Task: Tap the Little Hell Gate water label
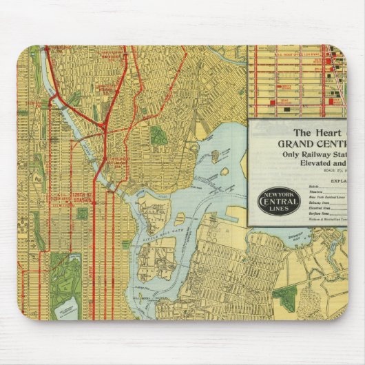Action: pos(160,232)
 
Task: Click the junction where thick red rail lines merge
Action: pos(103,128)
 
